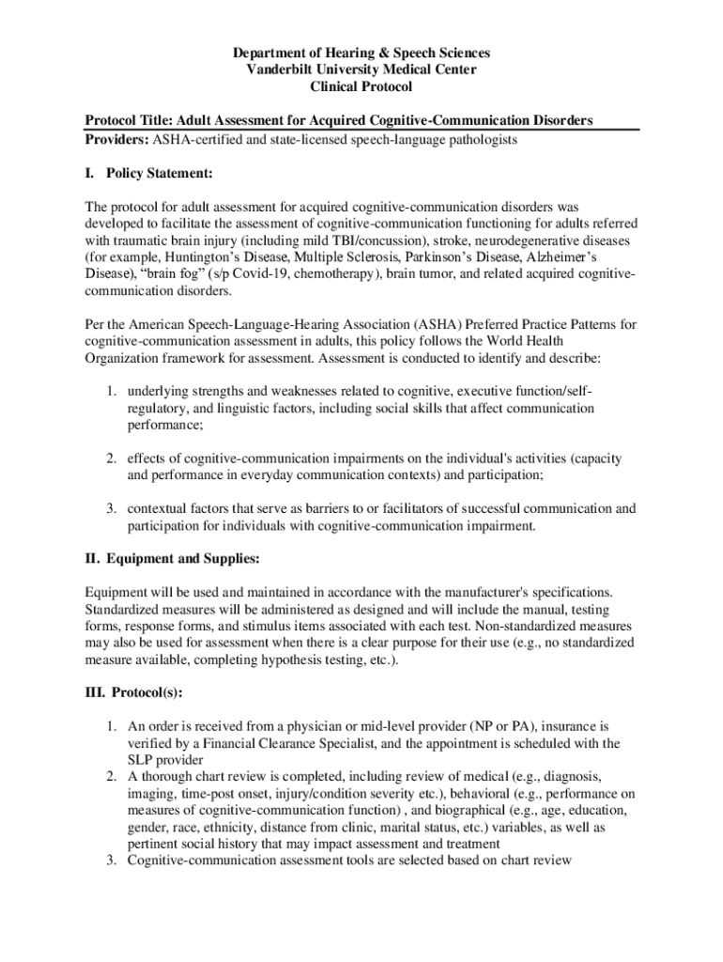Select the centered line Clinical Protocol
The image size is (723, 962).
[361, 87]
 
